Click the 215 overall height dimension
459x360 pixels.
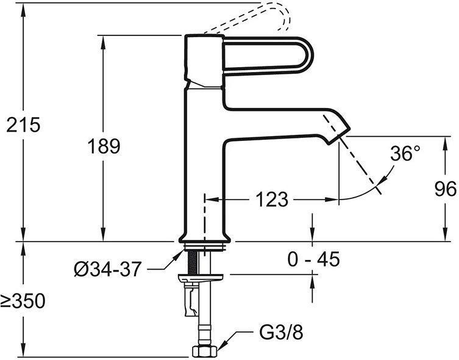coord(23,125)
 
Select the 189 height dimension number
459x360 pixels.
coord(104,146)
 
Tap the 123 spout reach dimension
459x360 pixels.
coord(272,200)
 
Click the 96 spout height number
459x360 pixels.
coord(445,189)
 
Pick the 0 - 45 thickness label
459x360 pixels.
coord(313,259)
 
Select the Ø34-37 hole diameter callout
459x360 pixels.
coord(108,269)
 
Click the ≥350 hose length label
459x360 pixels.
coord(23,301)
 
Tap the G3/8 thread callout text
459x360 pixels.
coord(282,333)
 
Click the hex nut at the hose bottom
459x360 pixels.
coord(205,351)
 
